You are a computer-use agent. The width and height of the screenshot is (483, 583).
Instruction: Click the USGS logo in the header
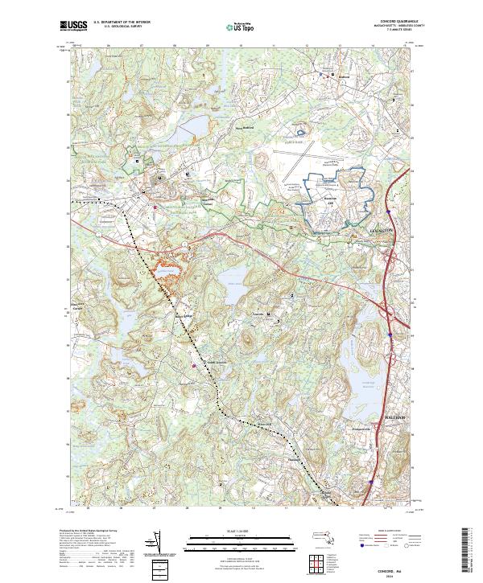pyautogui.click(x=73, y=26)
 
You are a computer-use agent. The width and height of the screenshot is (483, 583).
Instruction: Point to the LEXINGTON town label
pyautogui.click(x=381, y=230)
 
